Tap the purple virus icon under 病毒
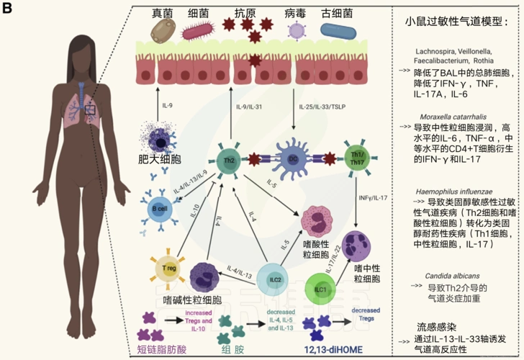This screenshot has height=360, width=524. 296,30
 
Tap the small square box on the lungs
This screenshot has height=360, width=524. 89,109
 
